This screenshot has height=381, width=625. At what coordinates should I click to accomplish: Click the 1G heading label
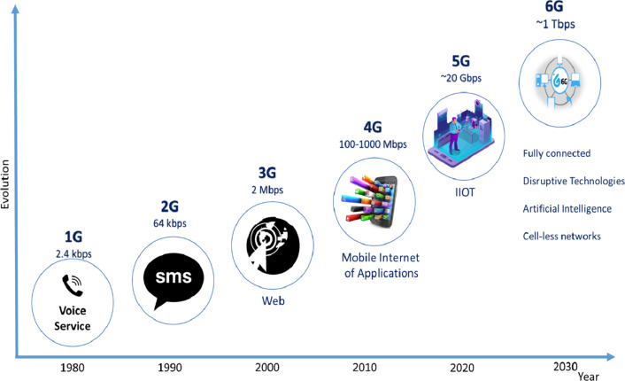click(73, 237)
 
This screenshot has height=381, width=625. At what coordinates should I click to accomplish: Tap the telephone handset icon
click(72, 285)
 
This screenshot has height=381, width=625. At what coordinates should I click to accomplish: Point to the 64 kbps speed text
click(170, 223)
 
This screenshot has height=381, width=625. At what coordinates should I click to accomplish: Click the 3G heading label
click(267, 173)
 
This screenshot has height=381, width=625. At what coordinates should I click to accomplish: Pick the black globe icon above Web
click(273, 245)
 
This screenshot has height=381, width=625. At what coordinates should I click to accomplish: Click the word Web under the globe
click(273, 300)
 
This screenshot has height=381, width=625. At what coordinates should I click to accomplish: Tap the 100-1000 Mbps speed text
click(373, 144)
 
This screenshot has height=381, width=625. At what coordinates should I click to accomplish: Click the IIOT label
click(465, 192)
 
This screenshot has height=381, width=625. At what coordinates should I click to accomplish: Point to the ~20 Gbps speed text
click(460, 78)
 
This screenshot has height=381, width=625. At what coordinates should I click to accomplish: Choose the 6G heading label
click(554, 7)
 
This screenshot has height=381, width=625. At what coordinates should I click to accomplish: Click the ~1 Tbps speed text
click(555, 24)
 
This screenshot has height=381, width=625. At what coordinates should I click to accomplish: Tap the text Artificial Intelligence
click(567, 208)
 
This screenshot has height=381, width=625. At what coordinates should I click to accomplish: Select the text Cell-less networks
click(561, 237)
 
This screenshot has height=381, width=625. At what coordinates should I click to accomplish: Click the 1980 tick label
click(72, 368)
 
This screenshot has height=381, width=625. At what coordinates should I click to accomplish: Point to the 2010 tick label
click(365, 367)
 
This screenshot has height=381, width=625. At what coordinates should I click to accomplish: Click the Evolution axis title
click(4, 184)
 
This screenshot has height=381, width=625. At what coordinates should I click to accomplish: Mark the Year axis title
click(589, 377)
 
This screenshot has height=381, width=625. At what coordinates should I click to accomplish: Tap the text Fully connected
click(557, 153)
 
